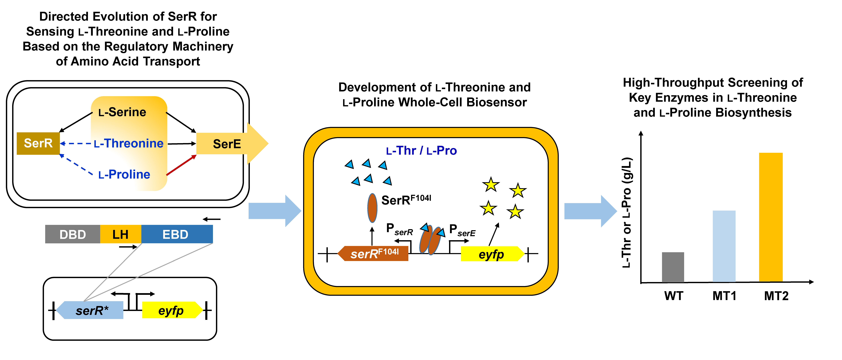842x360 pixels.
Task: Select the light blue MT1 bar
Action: point(724,246)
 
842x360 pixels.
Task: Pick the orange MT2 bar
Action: point(771,217)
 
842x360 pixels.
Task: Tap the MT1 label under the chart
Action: point(724,296)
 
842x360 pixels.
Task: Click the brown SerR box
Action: point(38,143)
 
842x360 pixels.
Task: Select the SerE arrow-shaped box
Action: point(232,144)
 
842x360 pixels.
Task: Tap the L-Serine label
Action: point(122,112)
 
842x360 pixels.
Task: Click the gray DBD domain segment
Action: point(73,234)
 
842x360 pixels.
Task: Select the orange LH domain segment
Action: point(121,234)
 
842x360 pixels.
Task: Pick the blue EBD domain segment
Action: point(177,234)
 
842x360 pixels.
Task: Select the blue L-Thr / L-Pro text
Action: point(421,151)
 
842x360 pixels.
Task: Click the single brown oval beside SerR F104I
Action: point(372,208)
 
